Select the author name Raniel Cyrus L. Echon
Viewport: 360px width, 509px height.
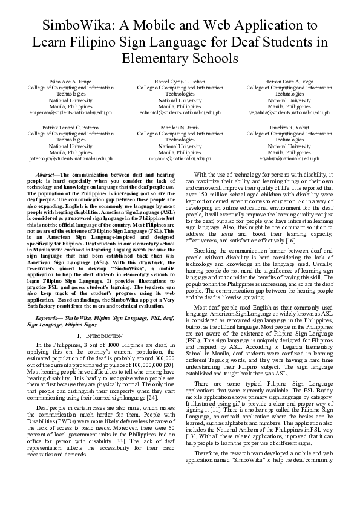[x=180, y=81]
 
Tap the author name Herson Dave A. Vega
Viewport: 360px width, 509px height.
[x=289, y=81]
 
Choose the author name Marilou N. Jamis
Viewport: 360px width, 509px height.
[x=180, y=128]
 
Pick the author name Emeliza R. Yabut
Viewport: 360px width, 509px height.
[x=289, y=128]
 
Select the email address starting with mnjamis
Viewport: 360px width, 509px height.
[x=180, y=158]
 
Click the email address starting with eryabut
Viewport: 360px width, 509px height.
[x=289, y=158]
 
